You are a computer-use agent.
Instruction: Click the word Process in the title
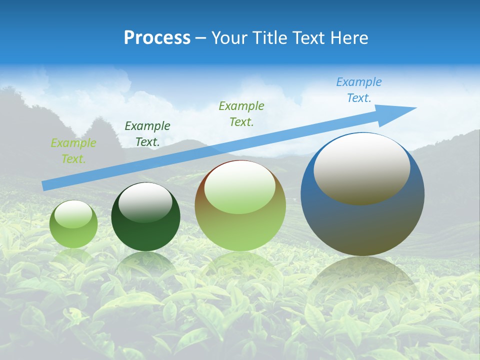(157, 38)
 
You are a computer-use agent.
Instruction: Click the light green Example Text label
(73, 151)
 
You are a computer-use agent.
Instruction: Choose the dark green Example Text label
(147, 134)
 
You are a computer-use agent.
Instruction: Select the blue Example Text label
(359, 90)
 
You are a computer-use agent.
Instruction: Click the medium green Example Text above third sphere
(241, 113)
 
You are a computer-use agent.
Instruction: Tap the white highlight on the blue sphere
(361, 169)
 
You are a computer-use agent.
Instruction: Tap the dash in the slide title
(200, 38)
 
